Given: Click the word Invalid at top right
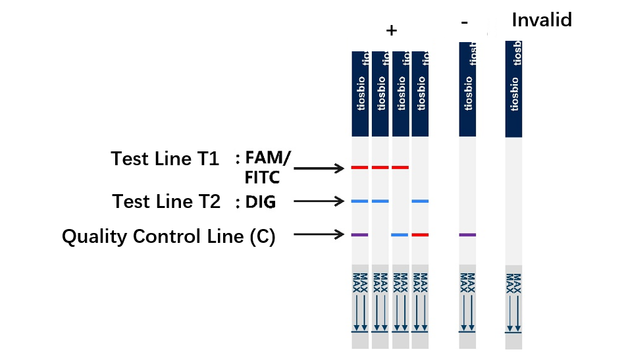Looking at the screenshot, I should pyautogui.click(x=542, y=20).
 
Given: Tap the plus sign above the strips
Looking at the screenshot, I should pyautogui.click(x=392, y=31).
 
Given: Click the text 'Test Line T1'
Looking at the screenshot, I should pyautogui.click(x=165, y=159).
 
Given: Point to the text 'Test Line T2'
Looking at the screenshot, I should pyautogui.click(x=166, y=201).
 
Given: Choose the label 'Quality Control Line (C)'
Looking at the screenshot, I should pyautogui.click(x=168, y=236).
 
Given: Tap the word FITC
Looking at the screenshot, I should pyautogui.click(x=261, y=177).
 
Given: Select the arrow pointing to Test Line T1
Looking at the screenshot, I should pyautogui.click(x=319, y=168).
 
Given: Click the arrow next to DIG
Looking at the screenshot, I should pyautogui.click(x=319, y=201).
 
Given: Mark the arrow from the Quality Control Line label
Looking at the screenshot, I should pyautogui.click(x=319, y=234).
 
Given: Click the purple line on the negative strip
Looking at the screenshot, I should pyautogui.click(x=467, y=234).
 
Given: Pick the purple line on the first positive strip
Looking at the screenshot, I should pyautogui.click(x=359, y=234).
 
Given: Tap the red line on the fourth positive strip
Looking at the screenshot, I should pyautogui.click(x=420, y=234).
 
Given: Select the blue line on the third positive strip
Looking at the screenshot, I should pyautogui.click(x=400, y=234).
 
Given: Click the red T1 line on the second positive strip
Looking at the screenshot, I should pyautogui.click(x=380, y=168).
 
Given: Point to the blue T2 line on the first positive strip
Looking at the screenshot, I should pyautogui.click(x=359, y=201).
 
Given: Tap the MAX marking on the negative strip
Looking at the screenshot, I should pyautogui.click(x=467, y=281).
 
